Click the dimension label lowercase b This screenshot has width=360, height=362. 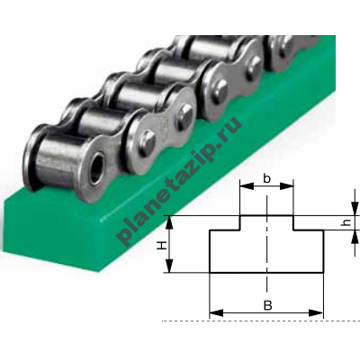(266, 178)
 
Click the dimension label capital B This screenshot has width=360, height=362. (267, 305)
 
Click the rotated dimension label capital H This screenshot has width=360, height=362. (162, 246)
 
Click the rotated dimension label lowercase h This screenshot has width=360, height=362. (346, 222)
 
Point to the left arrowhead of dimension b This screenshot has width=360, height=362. (247, 186)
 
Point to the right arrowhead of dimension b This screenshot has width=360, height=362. (286, 186)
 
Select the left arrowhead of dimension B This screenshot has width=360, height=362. (216, 313)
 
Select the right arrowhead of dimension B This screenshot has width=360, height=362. (316, 313)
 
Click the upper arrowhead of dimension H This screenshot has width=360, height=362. (170, 222)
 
